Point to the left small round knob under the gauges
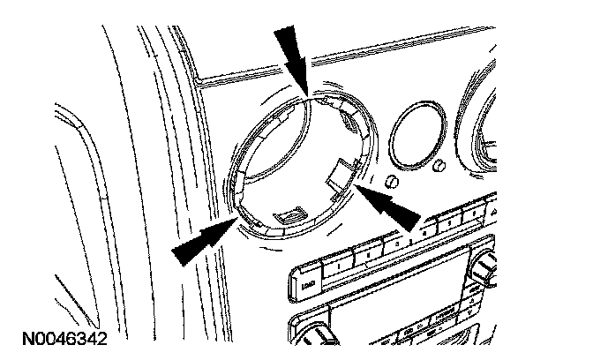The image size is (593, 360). (x=392, y=183)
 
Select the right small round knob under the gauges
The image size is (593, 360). (x=439, y=169)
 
